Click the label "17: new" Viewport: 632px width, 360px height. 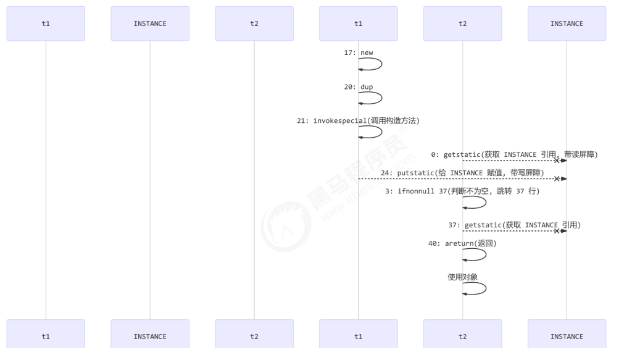tap(359, 53)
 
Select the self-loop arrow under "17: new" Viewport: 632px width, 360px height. tap(380, 64)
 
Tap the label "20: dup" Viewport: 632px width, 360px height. tap(359, 87)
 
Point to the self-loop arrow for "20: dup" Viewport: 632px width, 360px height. tap(380, 98)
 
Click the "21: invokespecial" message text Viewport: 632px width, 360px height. tap(359, 121)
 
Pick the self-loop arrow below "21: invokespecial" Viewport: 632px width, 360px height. tap(380, 132)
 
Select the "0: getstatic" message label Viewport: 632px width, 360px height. tap(515, 154)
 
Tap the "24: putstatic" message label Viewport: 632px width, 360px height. tap(462, 173)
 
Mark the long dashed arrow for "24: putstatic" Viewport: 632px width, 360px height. tap(457, 179)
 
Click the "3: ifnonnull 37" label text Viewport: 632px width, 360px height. tap(462, 191)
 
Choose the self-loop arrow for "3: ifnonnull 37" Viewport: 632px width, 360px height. tap(484, 203)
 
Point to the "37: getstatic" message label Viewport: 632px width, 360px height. tap(515, 225)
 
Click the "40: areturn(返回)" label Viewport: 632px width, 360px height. tap(462, 244)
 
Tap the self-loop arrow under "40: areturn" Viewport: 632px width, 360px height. tap(484, 255)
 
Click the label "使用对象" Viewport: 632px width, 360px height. tap(462, 277)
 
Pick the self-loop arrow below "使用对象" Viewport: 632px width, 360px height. tap(484, 288)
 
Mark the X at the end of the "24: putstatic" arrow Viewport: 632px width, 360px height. tap(557, 179)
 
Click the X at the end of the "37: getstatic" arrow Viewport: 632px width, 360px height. tap(557, 232)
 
